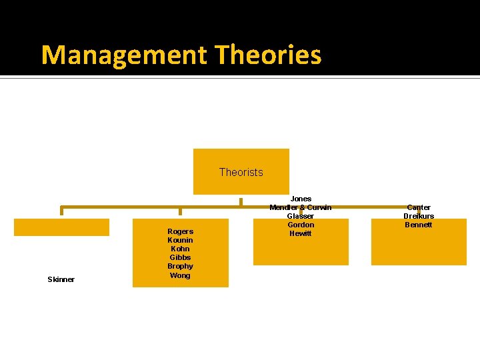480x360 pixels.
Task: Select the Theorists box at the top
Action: coord(241,171)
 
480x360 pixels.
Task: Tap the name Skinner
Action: coord(61,279)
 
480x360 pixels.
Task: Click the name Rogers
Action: coord(180,231)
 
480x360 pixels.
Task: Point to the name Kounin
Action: coord(180,240)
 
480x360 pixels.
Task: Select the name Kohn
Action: coord(180,249)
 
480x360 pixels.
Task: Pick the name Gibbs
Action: coord(180,257)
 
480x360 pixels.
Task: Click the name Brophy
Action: coord(180,266)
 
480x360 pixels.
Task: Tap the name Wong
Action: coord(180,275)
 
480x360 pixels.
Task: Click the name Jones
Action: coord(301,199)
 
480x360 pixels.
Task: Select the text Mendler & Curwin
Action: coord(301,207)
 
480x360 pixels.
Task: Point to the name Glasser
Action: coord(301,216)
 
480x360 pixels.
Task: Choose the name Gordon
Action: coord(301,225)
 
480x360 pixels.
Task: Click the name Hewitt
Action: coord(301,233)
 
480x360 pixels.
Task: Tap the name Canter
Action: coord(419,207)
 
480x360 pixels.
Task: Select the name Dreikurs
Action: coord(419,216)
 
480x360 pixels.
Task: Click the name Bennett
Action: coord(419,225)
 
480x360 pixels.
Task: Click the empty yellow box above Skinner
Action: coord(61,227)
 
